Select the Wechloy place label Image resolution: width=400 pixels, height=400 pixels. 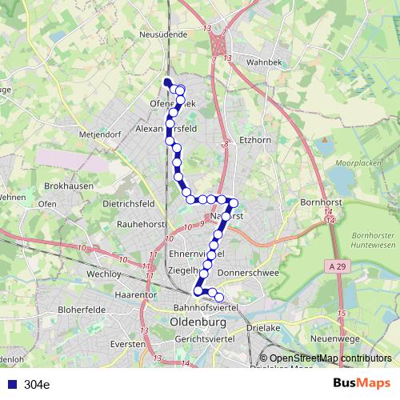point(103,273)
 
